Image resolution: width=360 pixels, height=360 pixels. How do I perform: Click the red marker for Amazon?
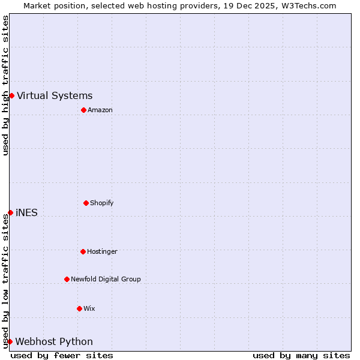[x=83, y=110]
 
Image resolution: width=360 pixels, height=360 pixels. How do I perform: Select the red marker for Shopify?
[x=86, y=203]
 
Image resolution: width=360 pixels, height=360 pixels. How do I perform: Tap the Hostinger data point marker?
[x=83, y=251]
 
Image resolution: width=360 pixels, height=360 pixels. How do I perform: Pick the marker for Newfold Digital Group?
[x=67, y=279]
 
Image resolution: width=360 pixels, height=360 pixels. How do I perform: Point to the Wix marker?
[x=79, y=308]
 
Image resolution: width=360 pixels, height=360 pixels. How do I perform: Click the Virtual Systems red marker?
[x=11, y=95]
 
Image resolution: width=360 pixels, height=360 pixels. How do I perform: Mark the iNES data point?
[x=10, y=212]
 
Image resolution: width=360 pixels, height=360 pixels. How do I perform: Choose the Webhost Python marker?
[x=10, y=341]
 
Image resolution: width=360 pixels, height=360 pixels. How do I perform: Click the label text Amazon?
[x=100, y=110]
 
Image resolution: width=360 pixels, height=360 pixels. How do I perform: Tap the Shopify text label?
[x=102, y=203]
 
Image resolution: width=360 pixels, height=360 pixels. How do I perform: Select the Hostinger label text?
[x=102, y=251]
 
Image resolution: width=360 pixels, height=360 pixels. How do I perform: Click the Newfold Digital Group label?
[x=106, y=279]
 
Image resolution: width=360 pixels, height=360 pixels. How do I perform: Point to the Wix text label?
[x=89, y=308]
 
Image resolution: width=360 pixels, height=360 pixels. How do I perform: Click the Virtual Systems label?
[x=55, y=95]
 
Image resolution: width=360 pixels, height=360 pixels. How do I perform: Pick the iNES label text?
[x=26, y=212]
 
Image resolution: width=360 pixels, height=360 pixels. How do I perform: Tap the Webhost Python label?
[x=54, y=341]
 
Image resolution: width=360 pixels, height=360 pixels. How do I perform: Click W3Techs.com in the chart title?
[x=307, y=5]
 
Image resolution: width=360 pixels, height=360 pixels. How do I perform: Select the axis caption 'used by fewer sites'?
[x=62, y=355]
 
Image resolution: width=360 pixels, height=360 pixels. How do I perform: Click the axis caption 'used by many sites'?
[x=301, y=355]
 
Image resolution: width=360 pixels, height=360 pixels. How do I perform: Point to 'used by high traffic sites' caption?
[x=5, y=85]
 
